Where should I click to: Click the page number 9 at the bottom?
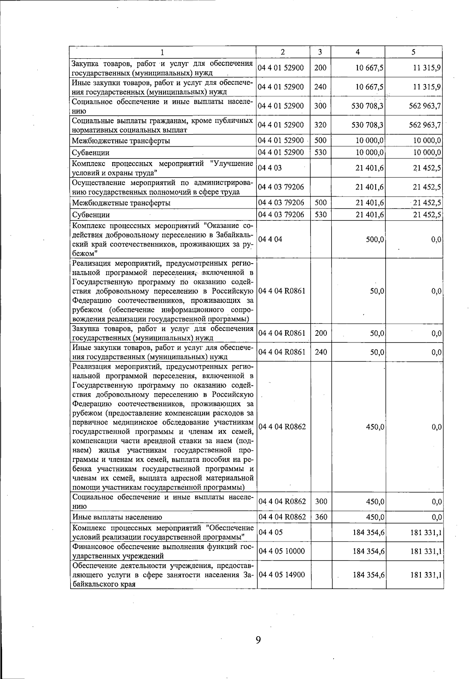(258, 639)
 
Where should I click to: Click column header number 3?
(320, 52)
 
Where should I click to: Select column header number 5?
(413, 52)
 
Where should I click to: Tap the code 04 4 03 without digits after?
(270, 168)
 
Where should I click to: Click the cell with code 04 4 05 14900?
(281, 574)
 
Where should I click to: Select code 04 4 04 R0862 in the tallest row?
(282, 427)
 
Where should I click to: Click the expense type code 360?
(321, 517)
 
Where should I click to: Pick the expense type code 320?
(320, 125)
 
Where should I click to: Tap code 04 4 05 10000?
(281, 551)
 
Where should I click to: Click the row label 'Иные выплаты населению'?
(117, 517)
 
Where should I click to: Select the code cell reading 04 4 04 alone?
(270, 239)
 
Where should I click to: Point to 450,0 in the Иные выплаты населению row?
(374, 517)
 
